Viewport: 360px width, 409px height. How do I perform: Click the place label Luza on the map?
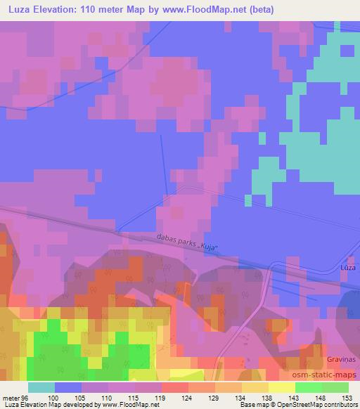pyautogui.click(x=347, y=268)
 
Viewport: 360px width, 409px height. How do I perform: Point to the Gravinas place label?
pyautogui.click(x=341, y=359)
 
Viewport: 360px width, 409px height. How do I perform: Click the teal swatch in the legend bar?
pyautogui.click(x=41, y=387)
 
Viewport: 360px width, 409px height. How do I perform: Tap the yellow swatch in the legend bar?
pyautogui.click(x=282, y=387)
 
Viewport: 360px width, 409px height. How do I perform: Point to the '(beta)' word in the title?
pyautogui.click(x=259, y=10)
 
